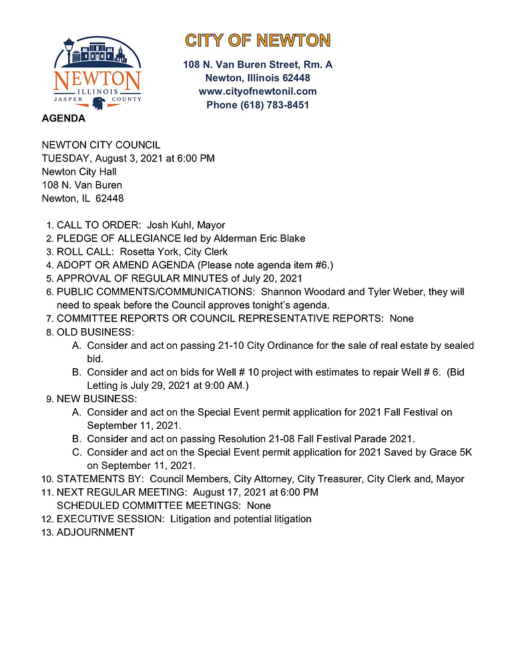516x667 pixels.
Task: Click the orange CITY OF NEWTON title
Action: pos(258,41)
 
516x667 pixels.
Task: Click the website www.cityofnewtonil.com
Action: pos(258,91)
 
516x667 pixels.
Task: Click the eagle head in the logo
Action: pos(99,103)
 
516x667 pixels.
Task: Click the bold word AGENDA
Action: pos(63,119)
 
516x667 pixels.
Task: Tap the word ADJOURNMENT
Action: pos(95,532)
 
